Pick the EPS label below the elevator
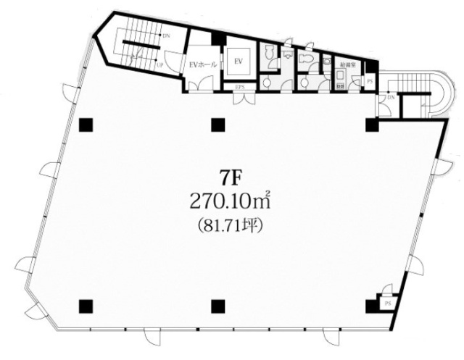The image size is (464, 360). click(x=240, y=88)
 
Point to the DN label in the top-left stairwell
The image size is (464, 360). click(x=166, y=35)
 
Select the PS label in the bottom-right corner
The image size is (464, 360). click(x=389, y=304)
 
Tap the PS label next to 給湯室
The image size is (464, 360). click(x=370, y=82)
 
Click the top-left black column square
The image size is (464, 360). click(x=86, y=125)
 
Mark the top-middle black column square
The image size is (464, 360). click(x=215, y=125)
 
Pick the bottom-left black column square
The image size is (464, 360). click(x=86, y=305)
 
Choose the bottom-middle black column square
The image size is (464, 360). click(x=215, y=305)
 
